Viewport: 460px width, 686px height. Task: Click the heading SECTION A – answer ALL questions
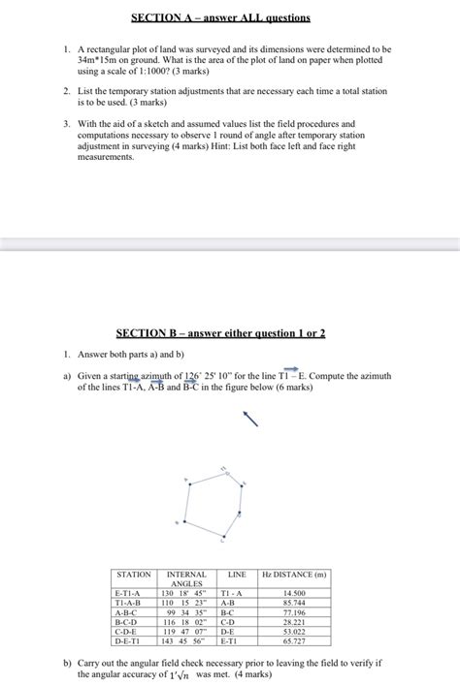(x=229, y=17)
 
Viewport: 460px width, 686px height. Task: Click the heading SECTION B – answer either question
(x=220, y=333)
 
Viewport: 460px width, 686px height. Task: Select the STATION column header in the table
(x=133, y=576)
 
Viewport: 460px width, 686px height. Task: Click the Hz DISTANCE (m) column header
(x=294, y=576)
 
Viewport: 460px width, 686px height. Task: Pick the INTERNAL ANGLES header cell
(x=185, y=579)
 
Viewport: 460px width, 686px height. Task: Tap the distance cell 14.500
(x=294, y=593)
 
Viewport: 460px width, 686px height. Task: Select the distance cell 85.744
(x=294, y=603)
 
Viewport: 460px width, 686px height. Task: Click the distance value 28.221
(x=294, y=622)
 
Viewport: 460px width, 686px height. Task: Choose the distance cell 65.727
(x=294, y=641)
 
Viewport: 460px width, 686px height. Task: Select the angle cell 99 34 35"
(x=185, y=612)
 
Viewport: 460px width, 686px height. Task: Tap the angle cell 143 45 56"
(x=185, y=641)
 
